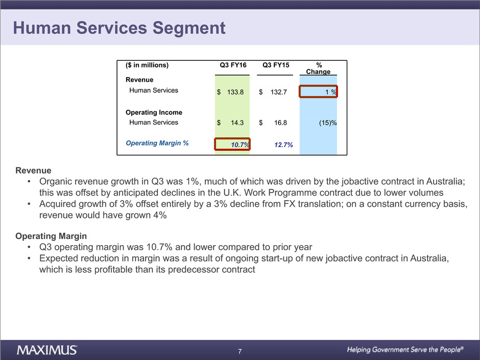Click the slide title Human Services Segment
(119, 28)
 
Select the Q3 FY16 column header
(233, 65)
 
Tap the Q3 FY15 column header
(276, 65)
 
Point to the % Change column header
(319, 68)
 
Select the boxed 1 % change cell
(318, 91)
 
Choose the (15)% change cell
(326, 123)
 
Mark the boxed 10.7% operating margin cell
(232, 145)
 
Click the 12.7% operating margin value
(283, 145)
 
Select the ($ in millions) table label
(147, 65)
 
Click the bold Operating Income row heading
(154, 112)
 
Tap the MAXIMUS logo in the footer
(47, 350)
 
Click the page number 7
(240, 351)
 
